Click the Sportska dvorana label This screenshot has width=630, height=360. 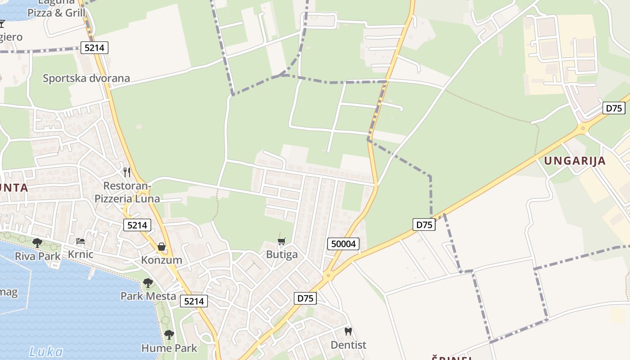click(86, 78)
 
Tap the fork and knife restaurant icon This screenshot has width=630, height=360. click(127, 172)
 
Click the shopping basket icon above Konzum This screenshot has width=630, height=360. click(162, 247)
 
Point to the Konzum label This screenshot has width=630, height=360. click(162, 260)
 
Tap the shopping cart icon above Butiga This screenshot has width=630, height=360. click(282, 242)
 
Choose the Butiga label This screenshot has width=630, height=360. click(282, 255)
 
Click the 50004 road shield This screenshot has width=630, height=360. click(343, 244)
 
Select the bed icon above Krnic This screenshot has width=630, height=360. click(81, 241)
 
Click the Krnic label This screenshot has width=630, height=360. click(81, 254)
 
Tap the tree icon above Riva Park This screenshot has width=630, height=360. click(37, 243)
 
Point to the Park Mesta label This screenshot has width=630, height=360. click(148, 296)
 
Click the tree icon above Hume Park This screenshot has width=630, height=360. click(169, 334)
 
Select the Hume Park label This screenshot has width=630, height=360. click(169, 348)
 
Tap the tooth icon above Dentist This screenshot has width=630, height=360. click(348, 332)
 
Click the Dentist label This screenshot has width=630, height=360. click(348, 345)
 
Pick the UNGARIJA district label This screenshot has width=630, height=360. click(575, 161)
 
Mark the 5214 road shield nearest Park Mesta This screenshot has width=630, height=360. click(194, 301)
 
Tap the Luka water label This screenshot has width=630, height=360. click(46, 352)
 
